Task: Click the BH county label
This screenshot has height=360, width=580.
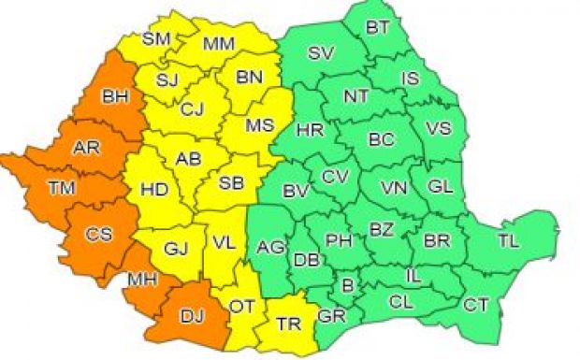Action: pos(115,95)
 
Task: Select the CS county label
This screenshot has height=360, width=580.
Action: pos(96,235)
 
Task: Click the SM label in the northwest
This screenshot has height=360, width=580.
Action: pos(156,39)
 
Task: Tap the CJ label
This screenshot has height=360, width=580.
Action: pos(192,110)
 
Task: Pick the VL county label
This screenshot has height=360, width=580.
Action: pos(223,243)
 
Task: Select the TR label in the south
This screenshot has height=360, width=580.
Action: pos(288,325)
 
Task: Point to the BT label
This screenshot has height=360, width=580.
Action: pos(378,28)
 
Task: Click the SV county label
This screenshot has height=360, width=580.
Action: pos(321,52)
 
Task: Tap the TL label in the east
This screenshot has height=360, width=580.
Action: pos(508,241)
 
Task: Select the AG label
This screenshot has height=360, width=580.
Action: pos(270,248)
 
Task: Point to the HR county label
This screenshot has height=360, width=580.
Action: pos(309,131)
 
